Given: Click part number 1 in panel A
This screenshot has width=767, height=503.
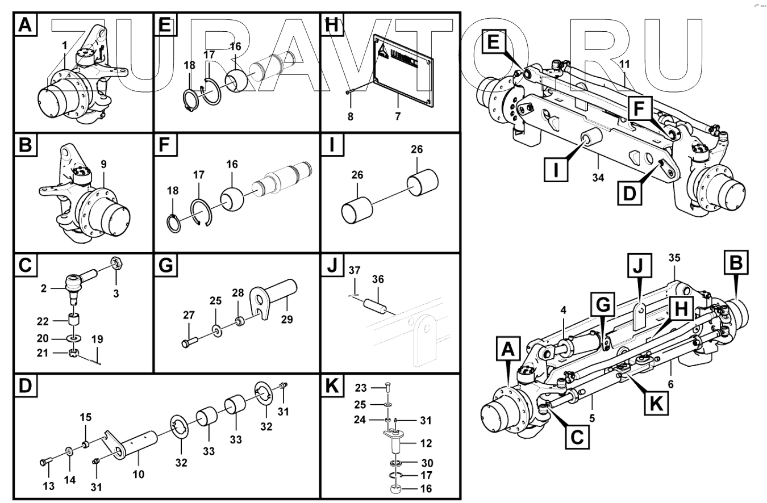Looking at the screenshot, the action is (x=64, y=45).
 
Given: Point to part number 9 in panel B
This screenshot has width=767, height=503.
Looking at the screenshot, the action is (x=103, y=165).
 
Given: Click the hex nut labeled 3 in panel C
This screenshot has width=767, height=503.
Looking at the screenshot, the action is (x=116, y=263).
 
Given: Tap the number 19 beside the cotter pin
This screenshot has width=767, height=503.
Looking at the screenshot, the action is (x=97, y=340).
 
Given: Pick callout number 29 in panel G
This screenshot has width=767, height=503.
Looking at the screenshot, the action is (x=287, y=319).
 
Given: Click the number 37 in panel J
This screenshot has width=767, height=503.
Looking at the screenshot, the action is (x=355, y=270).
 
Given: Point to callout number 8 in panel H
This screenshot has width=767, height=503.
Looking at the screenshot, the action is (x=350, y=116).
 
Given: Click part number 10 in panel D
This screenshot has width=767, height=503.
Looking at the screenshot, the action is (x=138, y=474).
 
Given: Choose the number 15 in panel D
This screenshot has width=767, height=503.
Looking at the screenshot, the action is (x=85, y=418).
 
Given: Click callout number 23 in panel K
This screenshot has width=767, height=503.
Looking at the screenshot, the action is (x=361, y=388).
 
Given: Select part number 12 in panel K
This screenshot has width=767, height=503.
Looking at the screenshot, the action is (x=426, y=443).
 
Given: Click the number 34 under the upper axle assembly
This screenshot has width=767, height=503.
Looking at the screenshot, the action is (x=597, y=178).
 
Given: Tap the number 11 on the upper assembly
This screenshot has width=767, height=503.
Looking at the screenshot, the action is (x=624, y=64).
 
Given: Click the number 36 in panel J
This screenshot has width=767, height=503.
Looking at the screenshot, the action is (x=378, y=279).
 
